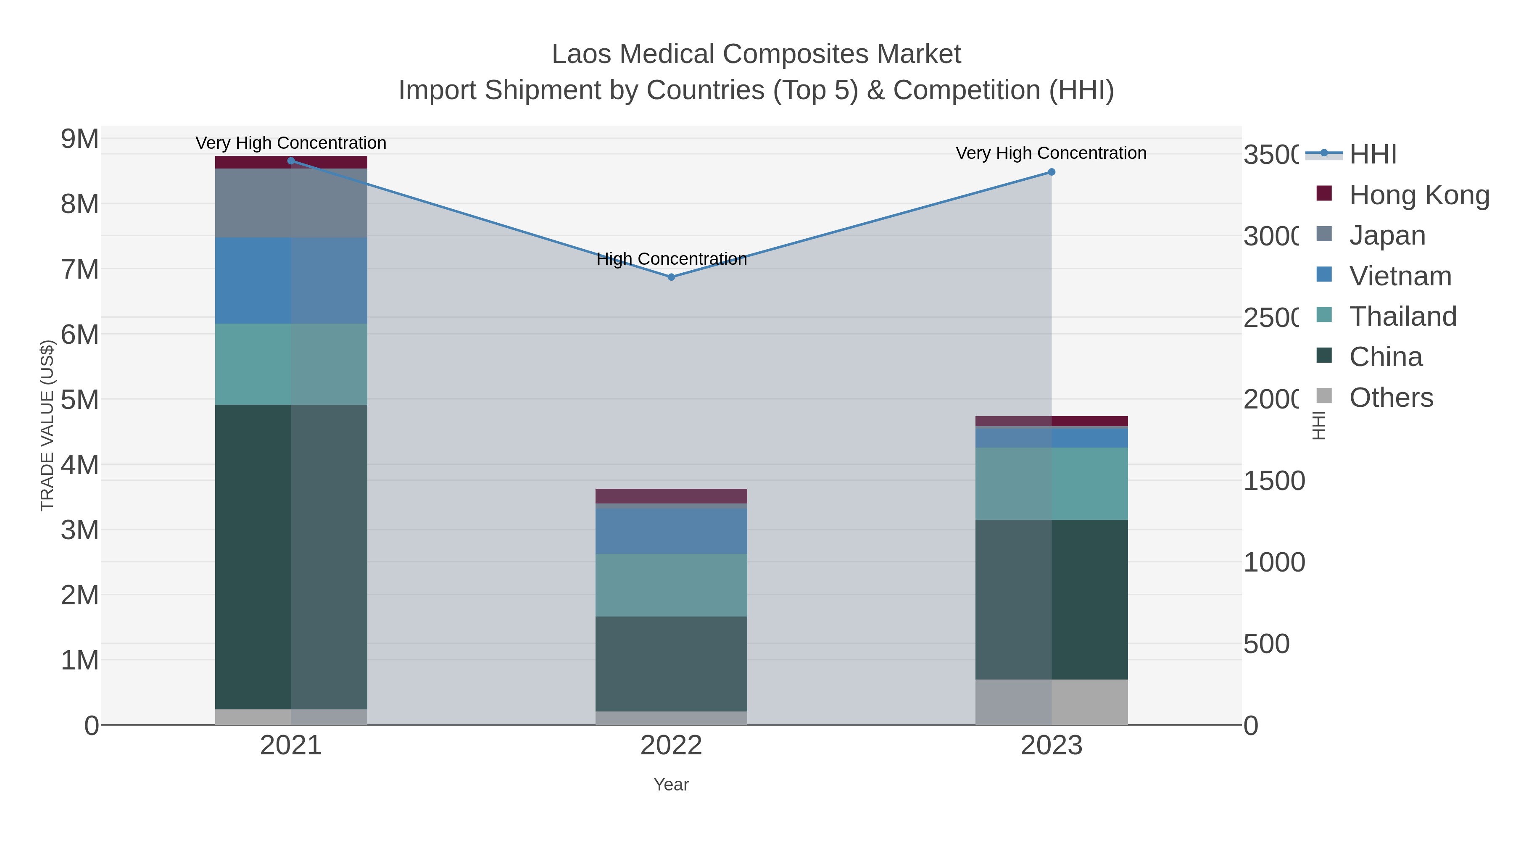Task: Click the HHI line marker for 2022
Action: click(x=671, y=277)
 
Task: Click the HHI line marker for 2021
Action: click(x=291, y=161)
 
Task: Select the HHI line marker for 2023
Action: click(x=1052, y=172)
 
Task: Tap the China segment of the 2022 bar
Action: click(x=671, y=664)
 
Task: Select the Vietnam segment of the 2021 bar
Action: click(x=291, y=280)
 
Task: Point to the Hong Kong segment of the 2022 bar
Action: click(x=671, y=496)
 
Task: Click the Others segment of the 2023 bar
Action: click(x=1052, y=702)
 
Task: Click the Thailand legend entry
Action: click(x=1402, y=316)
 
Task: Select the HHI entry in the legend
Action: click(x=1372, y=155)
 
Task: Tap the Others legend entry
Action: click(x=1391, y=398)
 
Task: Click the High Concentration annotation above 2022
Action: click(x=671, y=259)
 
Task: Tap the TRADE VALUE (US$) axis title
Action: click(x=47, y=425)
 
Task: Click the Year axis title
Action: click(x=671, y=785)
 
